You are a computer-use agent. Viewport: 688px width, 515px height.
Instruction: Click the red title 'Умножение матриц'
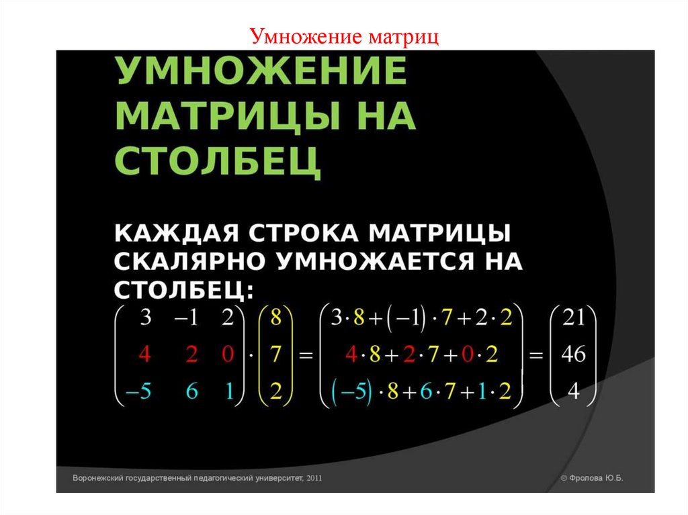(344, 36)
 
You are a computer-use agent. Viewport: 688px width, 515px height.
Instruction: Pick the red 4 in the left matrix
(144, 355)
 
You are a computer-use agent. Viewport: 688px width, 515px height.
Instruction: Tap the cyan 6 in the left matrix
(191, 391)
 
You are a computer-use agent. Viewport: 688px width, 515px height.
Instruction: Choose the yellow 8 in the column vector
(275, 318)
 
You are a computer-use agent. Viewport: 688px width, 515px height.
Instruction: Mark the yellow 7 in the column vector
(275, 355)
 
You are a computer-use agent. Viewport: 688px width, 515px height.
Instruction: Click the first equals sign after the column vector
(306, 356)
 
